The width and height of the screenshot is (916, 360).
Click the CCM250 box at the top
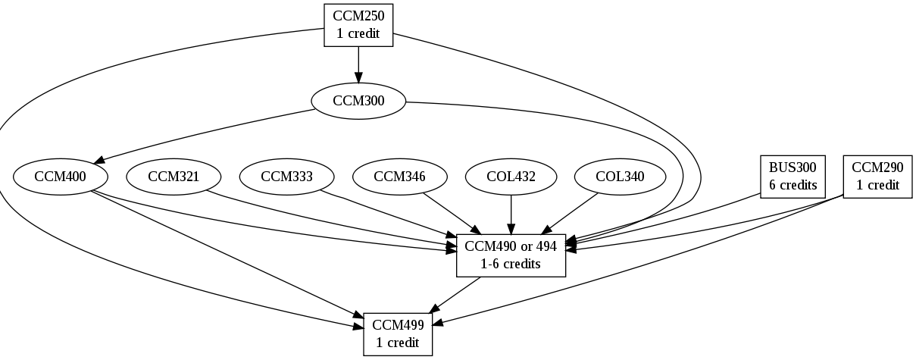click(358, 25)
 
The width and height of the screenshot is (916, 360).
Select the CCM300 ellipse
click(358, 100)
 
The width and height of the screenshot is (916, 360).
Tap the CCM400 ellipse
click(61, 177)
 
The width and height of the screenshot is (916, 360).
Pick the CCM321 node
click(174, 177)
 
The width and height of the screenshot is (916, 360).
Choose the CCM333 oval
click(286, 177)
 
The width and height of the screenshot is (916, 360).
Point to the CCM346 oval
click(399, 177)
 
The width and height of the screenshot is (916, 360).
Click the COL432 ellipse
click(511, 177)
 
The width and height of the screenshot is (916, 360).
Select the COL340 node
click(620, 177)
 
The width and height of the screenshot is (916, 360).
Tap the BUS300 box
click(793, 177)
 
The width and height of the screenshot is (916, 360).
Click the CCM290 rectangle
click(877, 177)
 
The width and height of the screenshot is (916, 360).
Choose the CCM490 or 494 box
click(511, 255)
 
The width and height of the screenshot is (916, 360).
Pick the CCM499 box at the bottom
click(399, 333)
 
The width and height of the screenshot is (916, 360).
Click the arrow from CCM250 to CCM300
click(358, 64)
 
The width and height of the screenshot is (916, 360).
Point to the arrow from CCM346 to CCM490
click(452, 214)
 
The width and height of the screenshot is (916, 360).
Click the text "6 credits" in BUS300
click(793, 185)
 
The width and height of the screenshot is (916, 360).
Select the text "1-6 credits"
click(511, 264)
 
